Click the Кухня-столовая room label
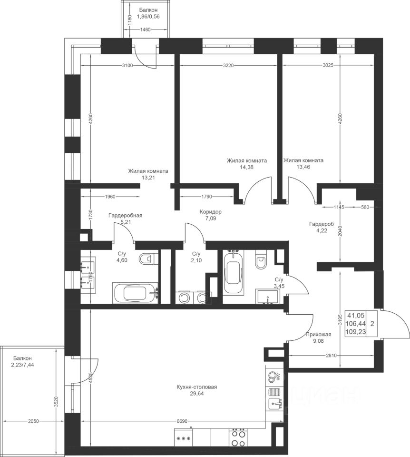197,387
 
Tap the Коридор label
211,211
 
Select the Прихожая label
318,334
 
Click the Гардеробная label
125,215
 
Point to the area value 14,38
247,167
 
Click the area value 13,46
303,167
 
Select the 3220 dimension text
228,65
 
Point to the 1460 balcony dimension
145,29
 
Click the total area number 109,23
355,332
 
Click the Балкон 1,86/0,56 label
148,13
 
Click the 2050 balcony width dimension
34,421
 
